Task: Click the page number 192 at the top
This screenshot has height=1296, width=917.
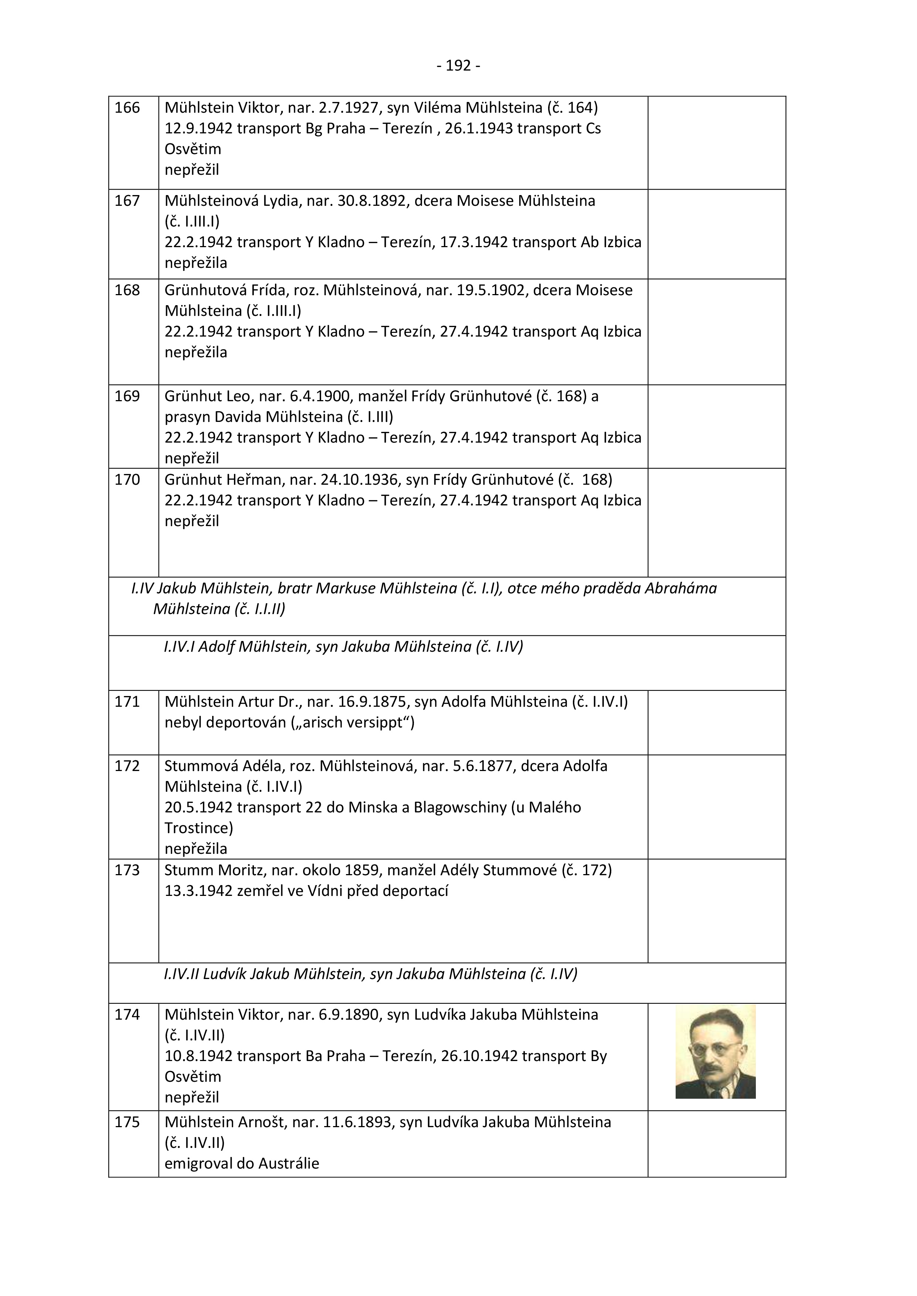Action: (458, 66)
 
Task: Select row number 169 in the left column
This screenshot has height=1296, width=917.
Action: (127, 396)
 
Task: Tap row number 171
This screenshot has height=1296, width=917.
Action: (127, 702)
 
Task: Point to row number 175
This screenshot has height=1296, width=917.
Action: (127, 1122)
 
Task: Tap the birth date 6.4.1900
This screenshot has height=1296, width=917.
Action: (321, 396)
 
